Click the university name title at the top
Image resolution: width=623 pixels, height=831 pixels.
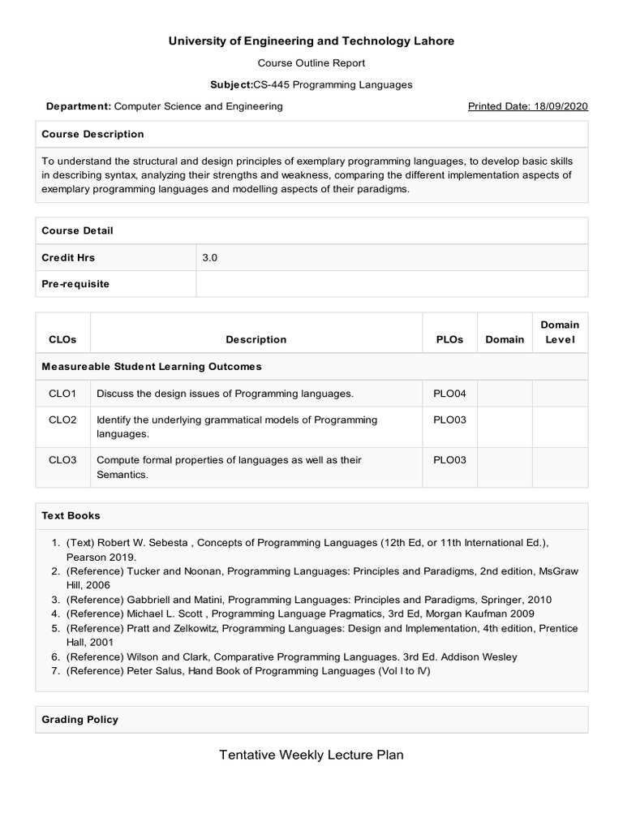(x=311, y=41)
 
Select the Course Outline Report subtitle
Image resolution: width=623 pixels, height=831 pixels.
(x=311, y=62)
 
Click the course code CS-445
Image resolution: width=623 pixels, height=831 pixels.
(x=278, y=84)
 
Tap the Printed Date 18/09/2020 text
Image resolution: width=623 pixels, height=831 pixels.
(x=528, y=106)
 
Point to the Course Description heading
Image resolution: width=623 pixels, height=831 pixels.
(x=92, y=134)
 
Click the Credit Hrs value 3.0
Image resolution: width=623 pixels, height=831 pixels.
(x=210, y=257)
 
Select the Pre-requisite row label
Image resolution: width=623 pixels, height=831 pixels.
(x=75, y=284)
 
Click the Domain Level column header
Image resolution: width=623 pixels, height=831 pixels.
(x=559, y=332)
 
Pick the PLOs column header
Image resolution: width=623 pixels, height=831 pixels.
(x=449, y=339)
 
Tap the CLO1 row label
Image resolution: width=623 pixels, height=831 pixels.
(x=62, y=394)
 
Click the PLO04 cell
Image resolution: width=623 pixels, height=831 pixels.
(x=449, y=394)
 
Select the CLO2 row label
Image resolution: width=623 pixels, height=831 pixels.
(x=62, y=420)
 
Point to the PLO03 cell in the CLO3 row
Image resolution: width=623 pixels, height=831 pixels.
(x=449, y=459)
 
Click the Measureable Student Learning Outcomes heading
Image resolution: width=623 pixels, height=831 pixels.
(x=151, y=367)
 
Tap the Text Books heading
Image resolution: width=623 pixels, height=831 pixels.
(x=71, y=515)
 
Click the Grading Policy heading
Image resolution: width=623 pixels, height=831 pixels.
(x=79, y=719)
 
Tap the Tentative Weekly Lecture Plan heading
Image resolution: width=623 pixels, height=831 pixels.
(x=311, y=756)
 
